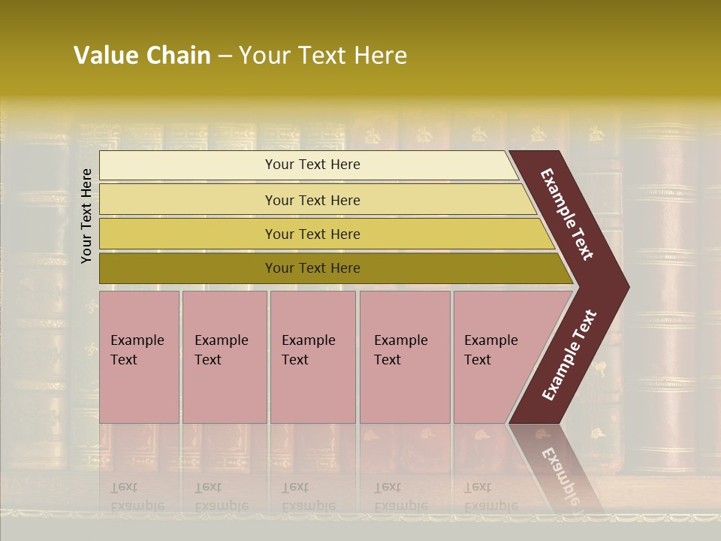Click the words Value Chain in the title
[x=142, y=56]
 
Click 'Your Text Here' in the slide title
[x=323, y=56]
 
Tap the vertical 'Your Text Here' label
[x=86, y=216]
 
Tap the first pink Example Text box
[x=139, y=376]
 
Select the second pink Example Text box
[x=224, y=376]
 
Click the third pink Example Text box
[x=312, y=376]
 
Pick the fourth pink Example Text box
[x=405, y=376]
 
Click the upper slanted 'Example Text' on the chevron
[x=568, y=214]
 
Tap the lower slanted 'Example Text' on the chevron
[x=569, y=355]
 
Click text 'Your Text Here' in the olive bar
[x=312, y=268]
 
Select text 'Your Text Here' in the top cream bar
[x=312, y=165]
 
